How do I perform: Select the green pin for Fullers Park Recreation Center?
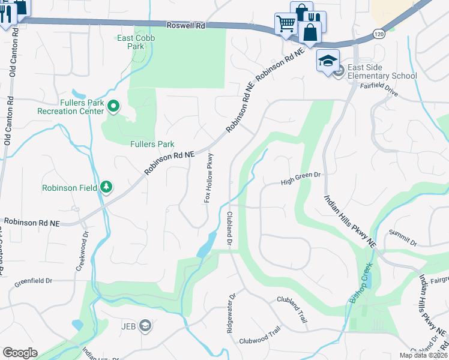(x=112, y=107)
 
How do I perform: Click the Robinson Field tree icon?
(x=106, y=188)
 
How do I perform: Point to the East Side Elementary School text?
(x=382, y=71)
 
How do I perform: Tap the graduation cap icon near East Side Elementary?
(x=328, y=61)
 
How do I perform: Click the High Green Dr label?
(x=301, y=175)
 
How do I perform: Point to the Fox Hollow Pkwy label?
(x=209, y=178)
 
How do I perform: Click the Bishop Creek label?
(x=363, y=283)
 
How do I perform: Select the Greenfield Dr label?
(x=33, y=280)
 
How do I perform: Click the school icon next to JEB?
(x=145, y=326)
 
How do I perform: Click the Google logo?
(x=20, y=353)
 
